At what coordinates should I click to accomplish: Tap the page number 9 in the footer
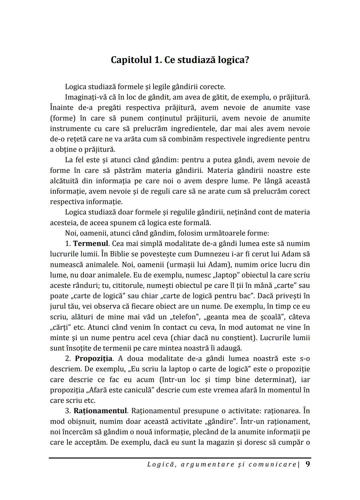pos(307,464)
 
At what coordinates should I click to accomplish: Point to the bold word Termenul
pos(91,244)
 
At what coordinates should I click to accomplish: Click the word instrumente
pos(70,129)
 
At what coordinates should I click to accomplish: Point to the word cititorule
pos(130,285)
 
